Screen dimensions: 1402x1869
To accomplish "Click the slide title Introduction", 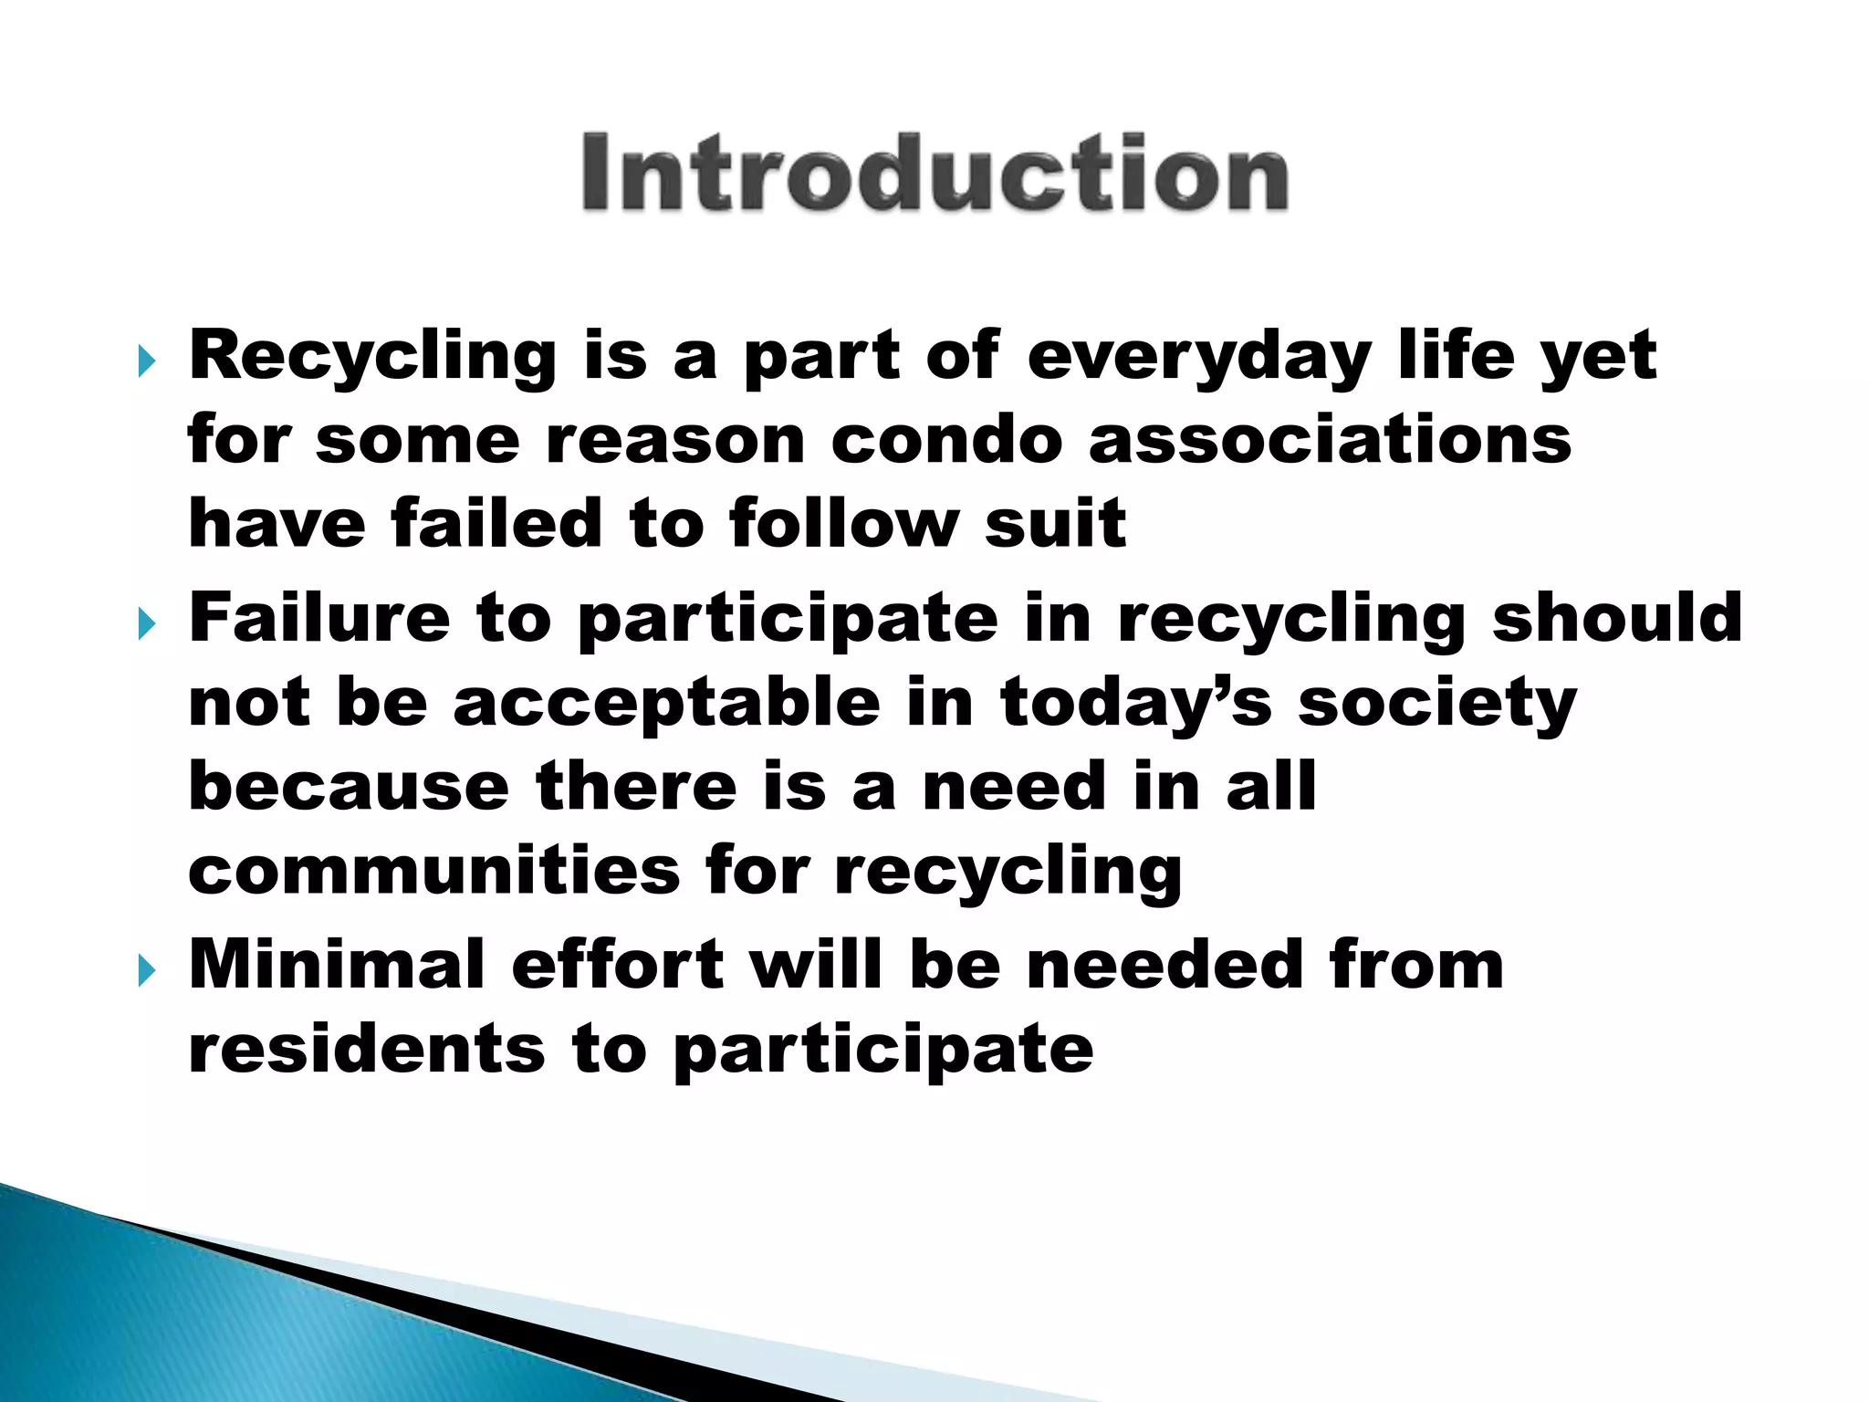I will click(934, 173).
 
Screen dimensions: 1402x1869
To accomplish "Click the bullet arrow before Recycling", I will click(147, 361).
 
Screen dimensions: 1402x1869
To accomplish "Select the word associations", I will click(1330, 440).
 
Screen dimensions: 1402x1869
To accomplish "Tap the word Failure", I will click(319, 618).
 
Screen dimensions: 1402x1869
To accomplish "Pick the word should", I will click(1616, 618).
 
